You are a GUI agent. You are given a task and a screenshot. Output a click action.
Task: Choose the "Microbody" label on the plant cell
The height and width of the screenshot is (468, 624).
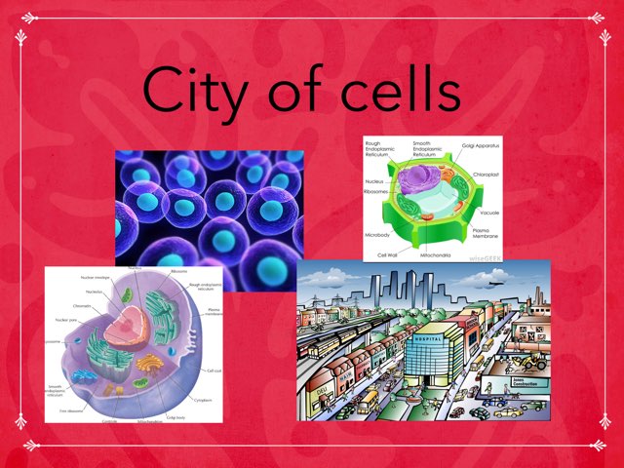[380, 234]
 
